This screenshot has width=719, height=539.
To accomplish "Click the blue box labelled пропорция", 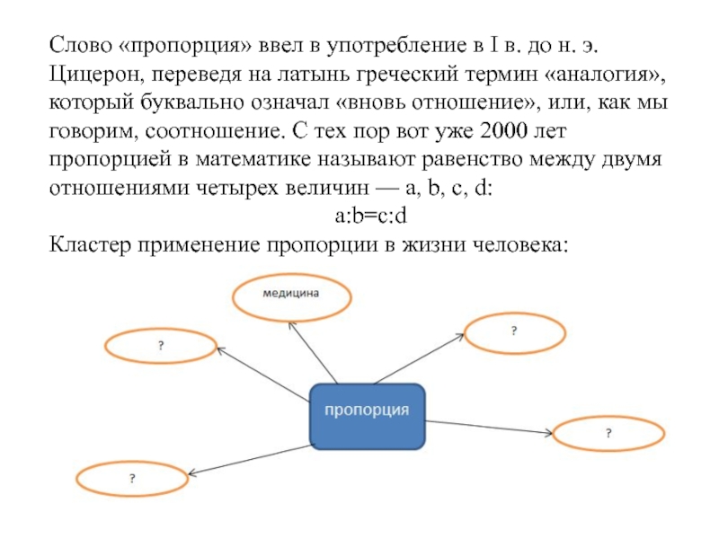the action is [367, 415].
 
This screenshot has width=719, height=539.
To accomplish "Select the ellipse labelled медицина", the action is [291, 296].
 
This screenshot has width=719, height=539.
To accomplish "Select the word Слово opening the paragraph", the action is [78, 43].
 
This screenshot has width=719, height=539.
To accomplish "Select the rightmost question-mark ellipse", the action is [608, 434].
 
